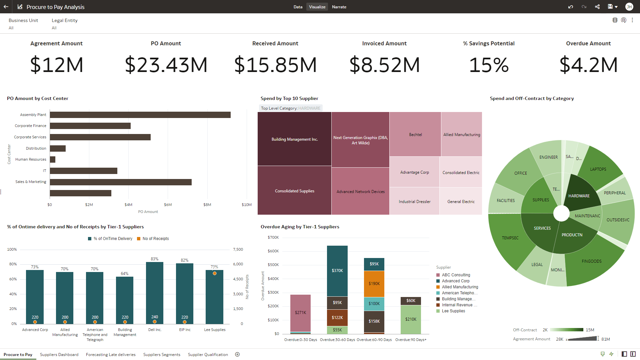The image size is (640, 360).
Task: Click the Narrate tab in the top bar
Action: [x=339, y=7]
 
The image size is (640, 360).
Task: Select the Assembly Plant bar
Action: [x=140, y=115]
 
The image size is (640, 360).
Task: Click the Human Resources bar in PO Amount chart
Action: [x=53, y=159]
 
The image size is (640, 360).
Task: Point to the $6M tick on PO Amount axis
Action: [x=168, y=205]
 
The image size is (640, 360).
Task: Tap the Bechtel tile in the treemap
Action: [x=415, y=134]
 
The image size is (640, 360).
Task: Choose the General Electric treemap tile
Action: [x=461, y=201]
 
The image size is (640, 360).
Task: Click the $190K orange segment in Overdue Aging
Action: [x=374, y=283]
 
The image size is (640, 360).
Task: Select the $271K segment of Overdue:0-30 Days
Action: [x=300, y=312]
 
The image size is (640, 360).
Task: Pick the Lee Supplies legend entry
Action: [x=453, y=311]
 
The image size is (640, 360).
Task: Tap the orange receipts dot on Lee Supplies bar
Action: [x=215, y=273]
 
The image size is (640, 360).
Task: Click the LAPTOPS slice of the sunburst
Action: [x=598, y=169]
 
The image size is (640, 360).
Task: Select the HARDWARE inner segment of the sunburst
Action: [x=579, y=196]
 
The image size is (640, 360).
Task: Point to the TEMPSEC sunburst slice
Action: [x=510, y=238]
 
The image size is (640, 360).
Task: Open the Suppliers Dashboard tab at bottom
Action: [x=59, y=354]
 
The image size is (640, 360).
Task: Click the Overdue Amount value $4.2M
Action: [x=588, y=65]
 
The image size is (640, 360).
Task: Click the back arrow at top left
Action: [x=6, y=7]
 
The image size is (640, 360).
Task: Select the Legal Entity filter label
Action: [x=64, y=20]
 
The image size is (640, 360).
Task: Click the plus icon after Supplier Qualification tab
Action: [x=237, y=354]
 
